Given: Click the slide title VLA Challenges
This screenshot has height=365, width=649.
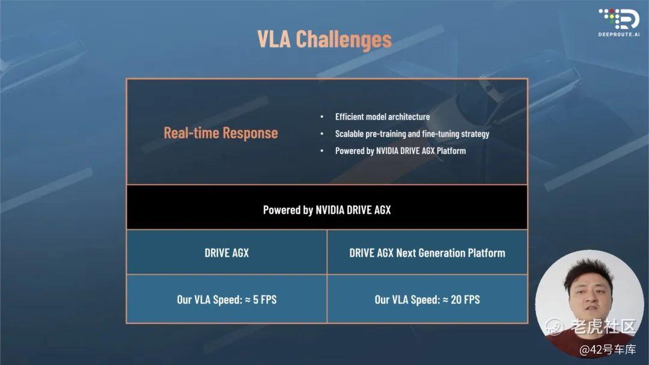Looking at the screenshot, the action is (x=324, y=40).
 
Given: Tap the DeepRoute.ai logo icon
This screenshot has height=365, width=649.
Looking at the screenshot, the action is (x=619, y=19).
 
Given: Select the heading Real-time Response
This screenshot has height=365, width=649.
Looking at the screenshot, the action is (x=221, y=133).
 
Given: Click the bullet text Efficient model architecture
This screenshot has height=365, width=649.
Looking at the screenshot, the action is (x=382, y=117).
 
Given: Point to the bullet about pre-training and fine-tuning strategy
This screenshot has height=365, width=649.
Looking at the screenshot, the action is (x=412, y=134).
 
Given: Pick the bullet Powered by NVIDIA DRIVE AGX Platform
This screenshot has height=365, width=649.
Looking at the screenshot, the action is (x=400, y=151).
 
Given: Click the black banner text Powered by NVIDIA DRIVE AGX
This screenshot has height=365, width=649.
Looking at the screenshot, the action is (x=327, y=210).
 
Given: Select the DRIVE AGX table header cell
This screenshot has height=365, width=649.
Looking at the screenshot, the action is (x=227, y=253).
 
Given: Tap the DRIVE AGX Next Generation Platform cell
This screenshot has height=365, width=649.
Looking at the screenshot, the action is (x=427, y=253).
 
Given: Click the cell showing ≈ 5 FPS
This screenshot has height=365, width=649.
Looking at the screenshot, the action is (x=227, y=299).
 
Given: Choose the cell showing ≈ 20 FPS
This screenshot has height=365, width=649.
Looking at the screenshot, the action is (x=427, y=299).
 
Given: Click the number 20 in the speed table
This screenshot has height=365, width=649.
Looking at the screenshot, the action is (x=456, y=299).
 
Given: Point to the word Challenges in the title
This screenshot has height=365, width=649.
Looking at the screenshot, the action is (x=344, y=40).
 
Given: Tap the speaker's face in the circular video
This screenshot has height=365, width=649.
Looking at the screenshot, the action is (x=590, y=296).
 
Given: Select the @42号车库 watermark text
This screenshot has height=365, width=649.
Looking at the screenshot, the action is (x=607, y=350).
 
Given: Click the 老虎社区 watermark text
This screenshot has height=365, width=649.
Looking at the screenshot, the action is (x=603, y=327).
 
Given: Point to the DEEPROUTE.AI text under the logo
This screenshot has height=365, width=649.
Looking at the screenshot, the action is (x=619, y=34).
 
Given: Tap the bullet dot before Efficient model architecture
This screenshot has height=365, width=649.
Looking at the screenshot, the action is (x=322, y=117).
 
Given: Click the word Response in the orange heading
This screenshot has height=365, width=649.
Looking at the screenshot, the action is (x=250, y=133).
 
